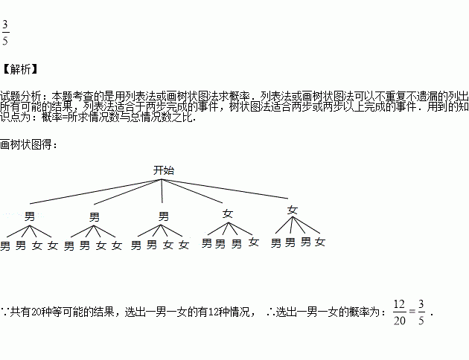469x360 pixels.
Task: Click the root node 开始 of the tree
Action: pyautogui.click(x=163, y=170)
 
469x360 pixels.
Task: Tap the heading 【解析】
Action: pyautogui.click(x=19, y=70)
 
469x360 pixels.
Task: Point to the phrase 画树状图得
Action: pyautogui.click(x=27, y=144)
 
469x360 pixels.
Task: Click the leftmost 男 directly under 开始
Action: pyautogui.click(x=30, y=216)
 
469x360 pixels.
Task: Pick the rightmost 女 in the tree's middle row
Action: pyautogui.click(x=292, y=210)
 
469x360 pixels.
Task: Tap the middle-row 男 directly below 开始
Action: pyautogui.click(x=164, y=216)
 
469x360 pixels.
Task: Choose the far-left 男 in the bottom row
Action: pyautogui.click(x=6, y=245)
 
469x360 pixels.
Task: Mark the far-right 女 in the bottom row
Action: pyautogui.click(x=319, y=242)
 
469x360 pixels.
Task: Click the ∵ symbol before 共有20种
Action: pyautogui.click(x=5, y=311)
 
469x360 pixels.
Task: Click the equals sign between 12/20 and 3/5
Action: pyautogui.click(x=412, y=312)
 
